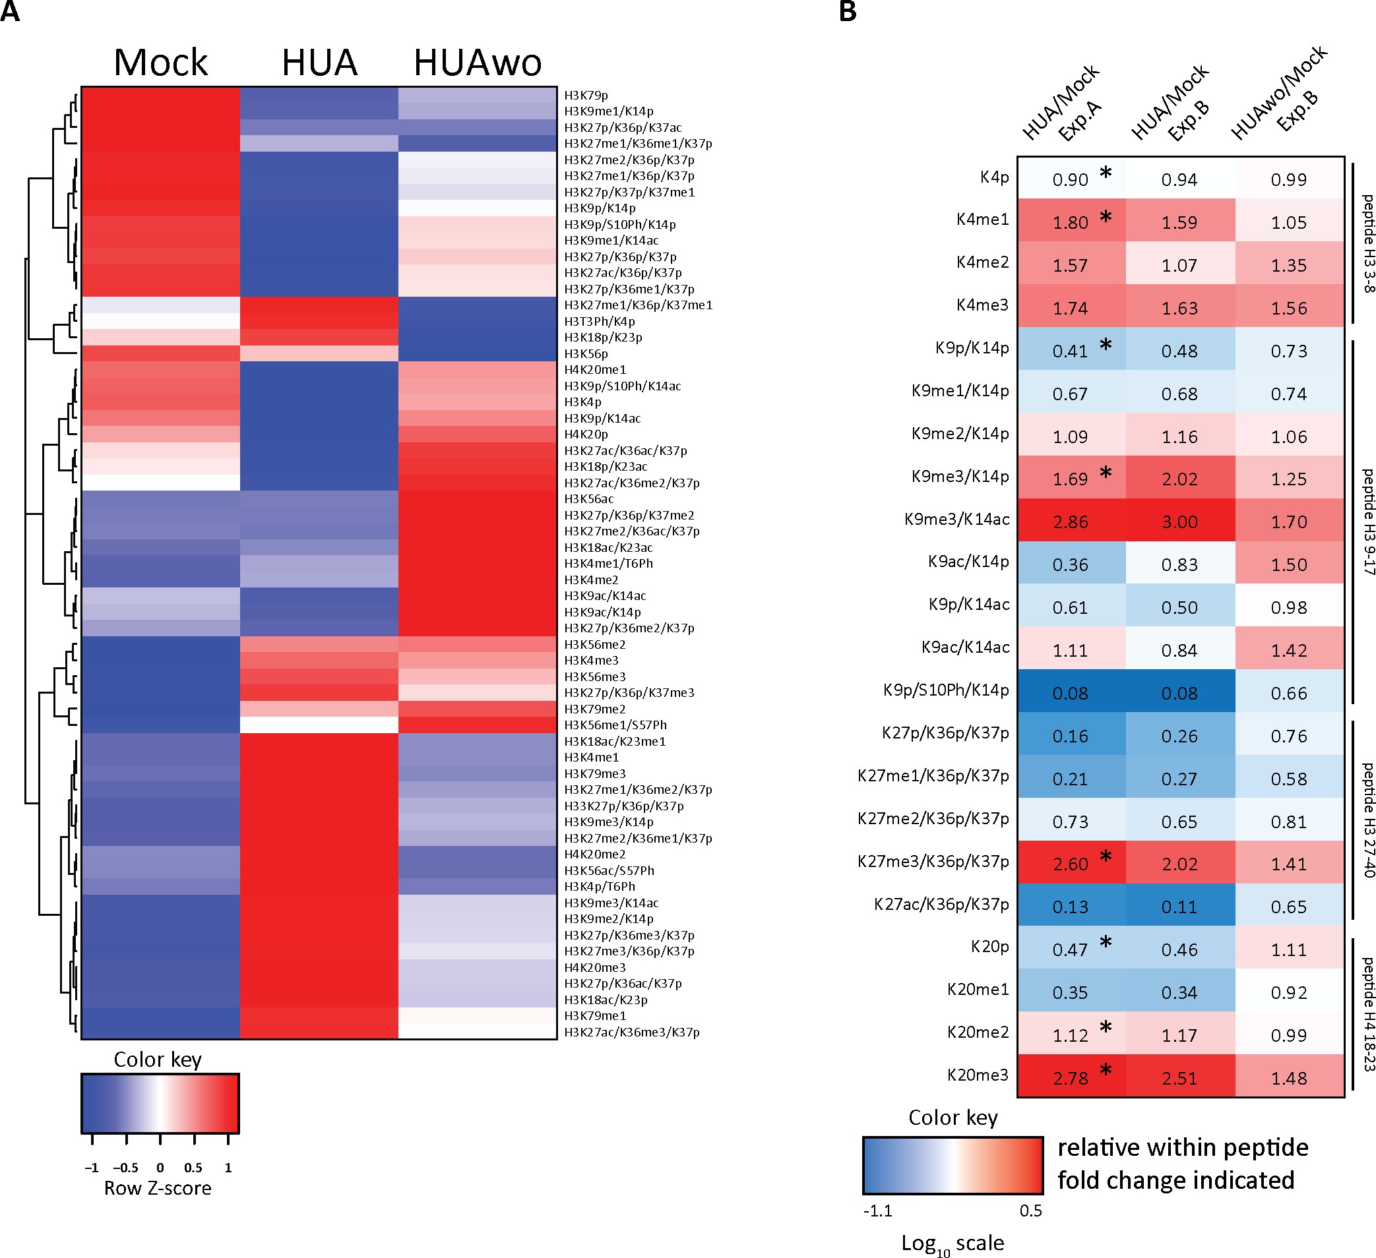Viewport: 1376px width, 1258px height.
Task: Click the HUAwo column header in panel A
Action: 477,63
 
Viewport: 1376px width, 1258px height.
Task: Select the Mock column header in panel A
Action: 160,63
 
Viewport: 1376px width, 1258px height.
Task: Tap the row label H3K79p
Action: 586,96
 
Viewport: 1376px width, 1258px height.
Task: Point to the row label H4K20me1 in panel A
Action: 594,370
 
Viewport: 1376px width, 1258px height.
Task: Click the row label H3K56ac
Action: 588,498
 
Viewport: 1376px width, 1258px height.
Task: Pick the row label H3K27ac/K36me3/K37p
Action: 631,1033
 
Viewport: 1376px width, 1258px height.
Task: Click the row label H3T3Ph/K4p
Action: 599,321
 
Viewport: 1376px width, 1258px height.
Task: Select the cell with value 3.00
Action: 1179,522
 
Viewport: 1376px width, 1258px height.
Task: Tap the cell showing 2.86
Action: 1070,522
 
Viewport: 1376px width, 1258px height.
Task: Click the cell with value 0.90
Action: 1070,179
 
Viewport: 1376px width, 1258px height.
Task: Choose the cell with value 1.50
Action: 1289,565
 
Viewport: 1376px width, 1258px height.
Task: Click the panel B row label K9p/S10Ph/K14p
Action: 945,690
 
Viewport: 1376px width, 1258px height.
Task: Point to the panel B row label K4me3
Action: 982,305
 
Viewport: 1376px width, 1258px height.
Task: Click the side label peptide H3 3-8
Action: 1368,243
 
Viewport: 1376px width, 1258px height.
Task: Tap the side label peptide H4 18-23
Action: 1368,1015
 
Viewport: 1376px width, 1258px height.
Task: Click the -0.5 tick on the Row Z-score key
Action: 126,1168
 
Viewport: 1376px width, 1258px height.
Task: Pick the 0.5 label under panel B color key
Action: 1030,1211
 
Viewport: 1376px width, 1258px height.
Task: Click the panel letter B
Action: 847,13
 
